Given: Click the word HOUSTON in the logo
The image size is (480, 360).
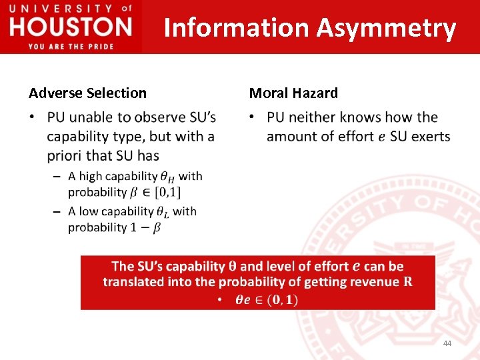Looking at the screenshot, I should (x=71, y=27).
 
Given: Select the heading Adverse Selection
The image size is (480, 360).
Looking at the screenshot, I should (x=87, y=93).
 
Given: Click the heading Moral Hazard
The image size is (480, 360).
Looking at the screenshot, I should (x=293, y=93).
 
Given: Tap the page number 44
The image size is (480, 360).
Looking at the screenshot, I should (x=447, y=343).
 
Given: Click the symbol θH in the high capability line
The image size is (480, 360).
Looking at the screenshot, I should (x=168, y=177).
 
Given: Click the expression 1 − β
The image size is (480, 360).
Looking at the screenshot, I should (x=145, y=228).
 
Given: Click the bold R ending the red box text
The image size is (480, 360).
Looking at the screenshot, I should (x=407, y=282).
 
